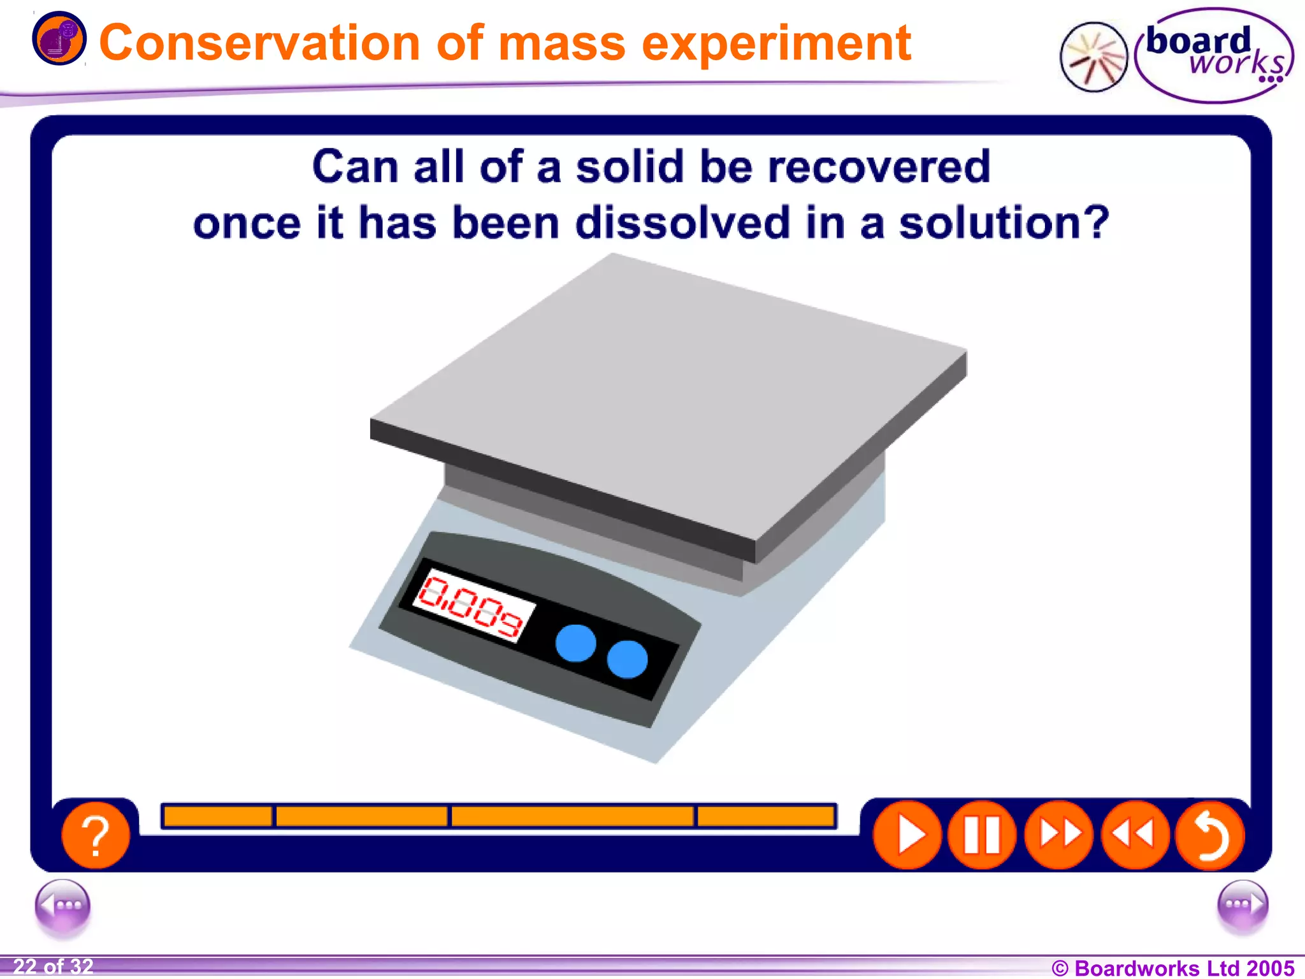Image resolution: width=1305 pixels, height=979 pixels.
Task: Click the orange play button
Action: tap(907, 835)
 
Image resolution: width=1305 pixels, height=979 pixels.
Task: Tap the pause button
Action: tap(982, 835)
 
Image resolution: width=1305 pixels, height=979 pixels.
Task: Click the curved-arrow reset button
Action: tap(1209, 835)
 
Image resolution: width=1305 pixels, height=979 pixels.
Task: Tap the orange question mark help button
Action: tap(96, 836)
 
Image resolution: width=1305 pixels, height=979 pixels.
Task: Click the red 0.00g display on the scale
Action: tap(472, 605)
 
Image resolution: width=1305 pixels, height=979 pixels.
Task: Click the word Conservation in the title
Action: tap(259, 43)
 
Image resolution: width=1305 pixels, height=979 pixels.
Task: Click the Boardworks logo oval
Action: tap(1214, 55)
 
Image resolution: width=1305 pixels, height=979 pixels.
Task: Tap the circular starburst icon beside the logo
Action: tap(1093, 57)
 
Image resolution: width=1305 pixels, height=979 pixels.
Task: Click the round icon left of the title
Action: tap(59, 38)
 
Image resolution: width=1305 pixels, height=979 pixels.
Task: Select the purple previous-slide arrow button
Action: tap(62, 905)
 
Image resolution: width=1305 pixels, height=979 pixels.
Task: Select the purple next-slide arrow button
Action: tap(1242, 905)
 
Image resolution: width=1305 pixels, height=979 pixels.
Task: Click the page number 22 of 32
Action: tap(54, 966)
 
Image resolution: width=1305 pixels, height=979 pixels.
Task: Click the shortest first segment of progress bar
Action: tap(218, 816)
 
